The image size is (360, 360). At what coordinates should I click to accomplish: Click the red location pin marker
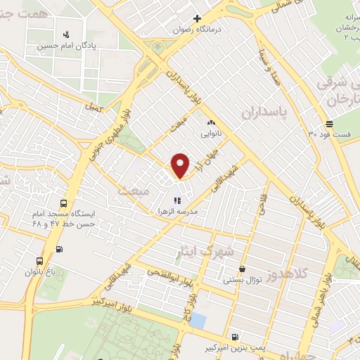pos(181,166)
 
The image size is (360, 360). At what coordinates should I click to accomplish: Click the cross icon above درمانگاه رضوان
pos(198,18)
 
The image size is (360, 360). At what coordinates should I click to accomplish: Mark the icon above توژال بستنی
pos(243,269)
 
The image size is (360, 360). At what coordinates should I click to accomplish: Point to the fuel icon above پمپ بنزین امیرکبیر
pos(234,336)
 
